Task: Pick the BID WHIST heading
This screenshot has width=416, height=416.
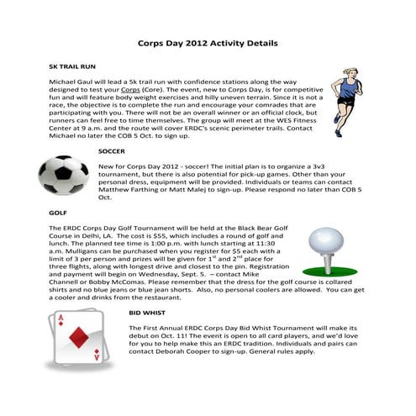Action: click(x=145, y=312)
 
